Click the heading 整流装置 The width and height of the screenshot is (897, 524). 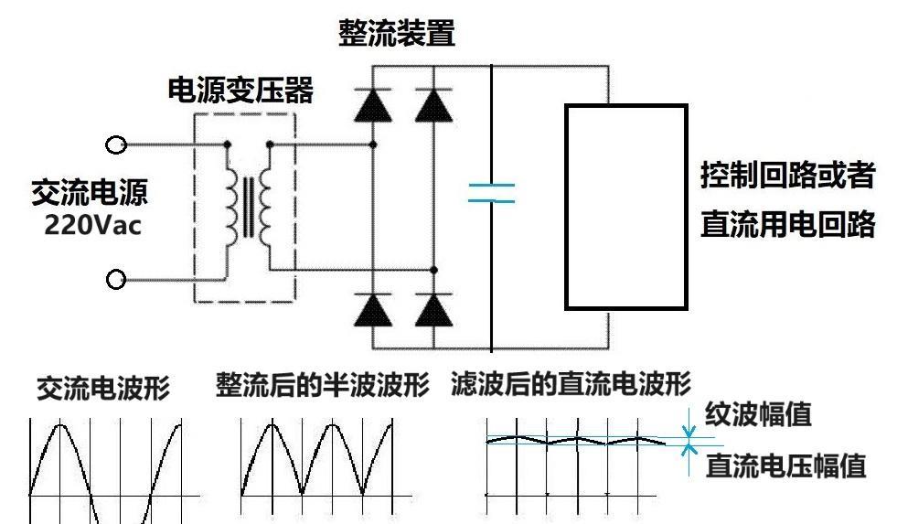[x=396, y=35]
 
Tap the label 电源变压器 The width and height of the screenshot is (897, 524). [x=240, y=91]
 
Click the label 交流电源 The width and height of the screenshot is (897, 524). [x=89, y=193]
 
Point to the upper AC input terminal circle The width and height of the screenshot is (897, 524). [x=116, y=145]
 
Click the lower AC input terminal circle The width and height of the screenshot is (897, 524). [x=116, y=280]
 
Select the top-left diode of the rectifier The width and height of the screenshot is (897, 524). [x=373, y=106]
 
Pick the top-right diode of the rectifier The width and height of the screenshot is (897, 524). [x=433, y=106]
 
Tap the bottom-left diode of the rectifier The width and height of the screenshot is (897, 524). [x=373, y=311]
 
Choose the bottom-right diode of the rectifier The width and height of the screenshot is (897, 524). [x=433, y=311]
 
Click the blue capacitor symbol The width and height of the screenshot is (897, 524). [x=491, y=193]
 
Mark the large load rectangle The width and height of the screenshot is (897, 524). [x=625, y=207]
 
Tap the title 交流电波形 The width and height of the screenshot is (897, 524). [x=102, y=389]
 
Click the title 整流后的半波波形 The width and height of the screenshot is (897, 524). [x=322, y=386]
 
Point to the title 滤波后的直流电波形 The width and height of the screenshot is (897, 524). [x=571, y=384]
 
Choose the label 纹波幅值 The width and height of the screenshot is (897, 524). [x=758, y=416]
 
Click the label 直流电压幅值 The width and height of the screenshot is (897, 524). [x=785, y=466]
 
